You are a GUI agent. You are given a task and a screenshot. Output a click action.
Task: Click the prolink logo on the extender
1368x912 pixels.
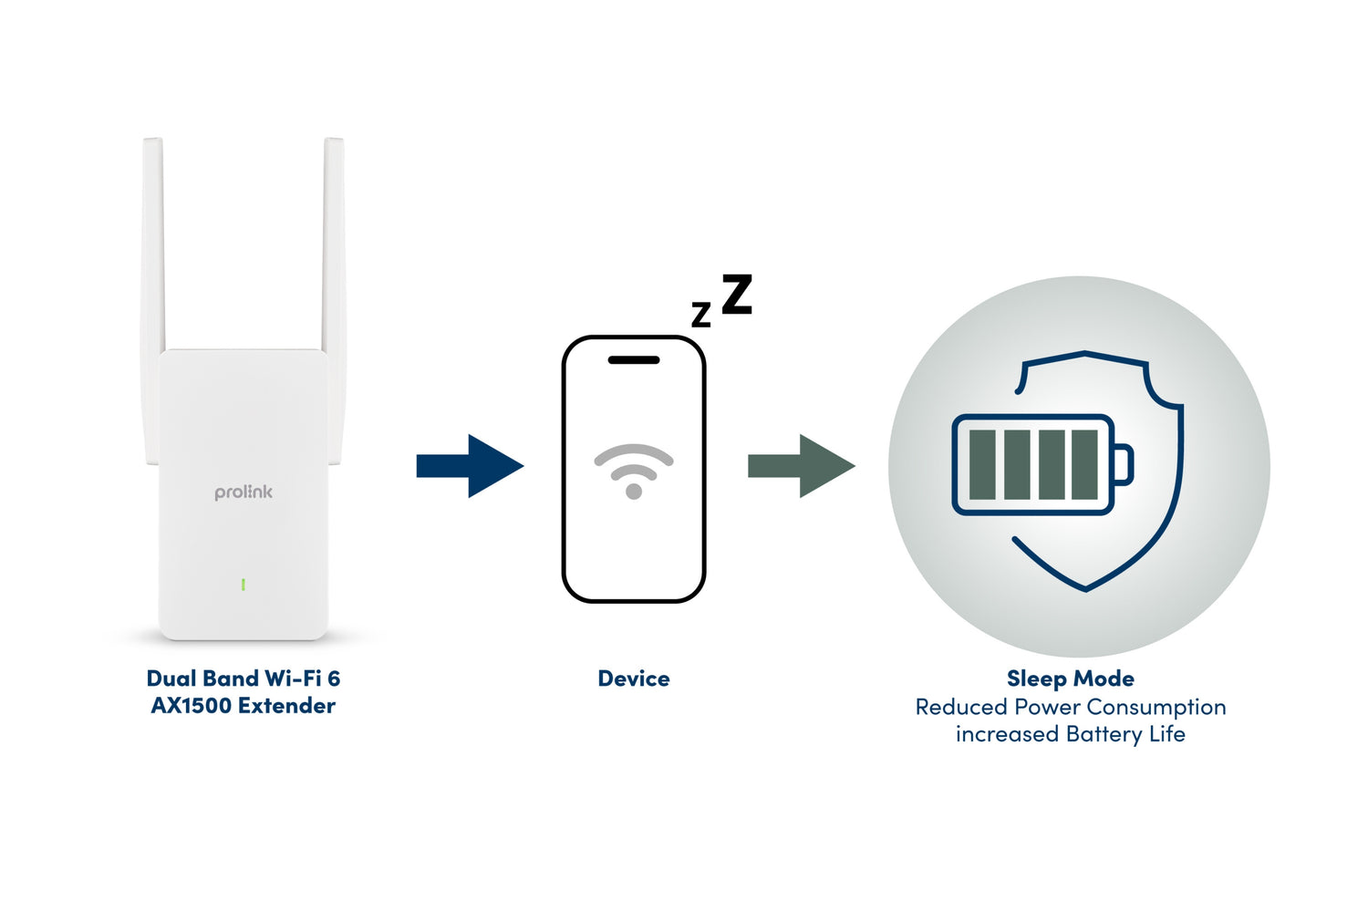click(x=244, y=492)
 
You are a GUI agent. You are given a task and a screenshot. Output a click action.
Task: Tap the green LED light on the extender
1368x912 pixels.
click(x=244, y=584)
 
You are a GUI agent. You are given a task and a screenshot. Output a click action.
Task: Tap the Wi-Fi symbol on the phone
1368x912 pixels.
click(x=634, y=471)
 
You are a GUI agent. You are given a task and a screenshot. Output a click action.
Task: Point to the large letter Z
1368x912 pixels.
click(x=737, y=295)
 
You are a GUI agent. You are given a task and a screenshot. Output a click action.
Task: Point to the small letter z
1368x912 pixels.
click(x=700, y=315)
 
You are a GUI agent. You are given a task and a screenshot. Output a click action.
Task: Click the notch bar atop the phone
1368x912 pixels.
click(x=634, y=360)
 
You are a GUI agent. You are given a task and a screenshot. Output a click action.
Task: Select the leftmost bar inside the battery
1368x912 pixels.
click(x=982, y=465)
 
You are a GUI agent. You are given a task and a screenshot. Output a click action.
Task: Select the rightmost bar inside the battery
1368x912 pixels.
click(x=1084, y=465)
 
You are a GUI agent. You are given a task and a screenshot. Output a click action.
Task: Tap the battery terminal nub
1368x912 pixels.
click(x=1124, y=464)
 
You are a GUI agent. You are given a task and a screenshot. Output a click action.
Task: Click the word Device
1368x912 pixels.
click(x=634, y=679)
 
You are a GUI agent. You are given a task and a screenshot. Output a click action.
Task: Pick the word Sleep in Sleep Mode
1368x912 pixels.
click(x=1037, y=679)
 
